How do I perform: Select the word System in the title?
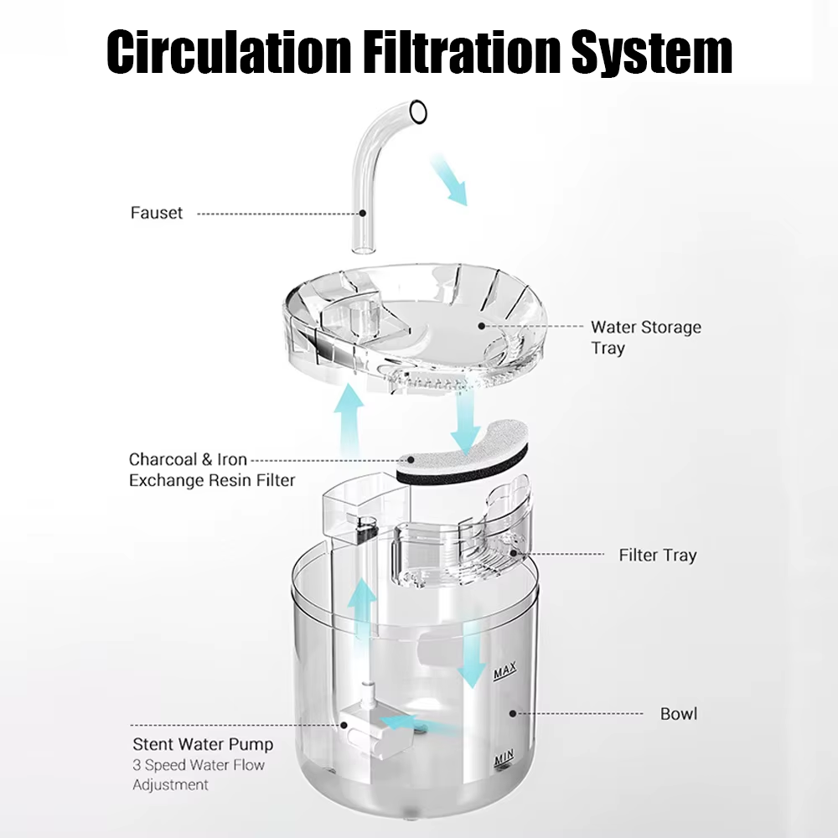(652, 52)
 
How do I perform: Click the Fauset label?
(156, 213)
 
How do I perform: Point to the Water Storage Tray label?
(645, 337)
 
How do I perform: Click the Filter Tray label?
(657, 555)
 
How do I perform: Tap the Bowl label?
(679, 715)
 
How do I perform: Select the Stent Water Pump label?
(203, 744)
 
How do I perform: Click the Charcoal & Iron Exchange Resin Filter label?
(211, 470)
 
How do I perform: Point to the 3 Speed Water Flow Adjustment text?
(198, 775)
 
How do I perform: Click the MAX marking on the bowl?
(504, 672)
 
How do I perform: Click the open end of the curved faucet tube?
(418, 109)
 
